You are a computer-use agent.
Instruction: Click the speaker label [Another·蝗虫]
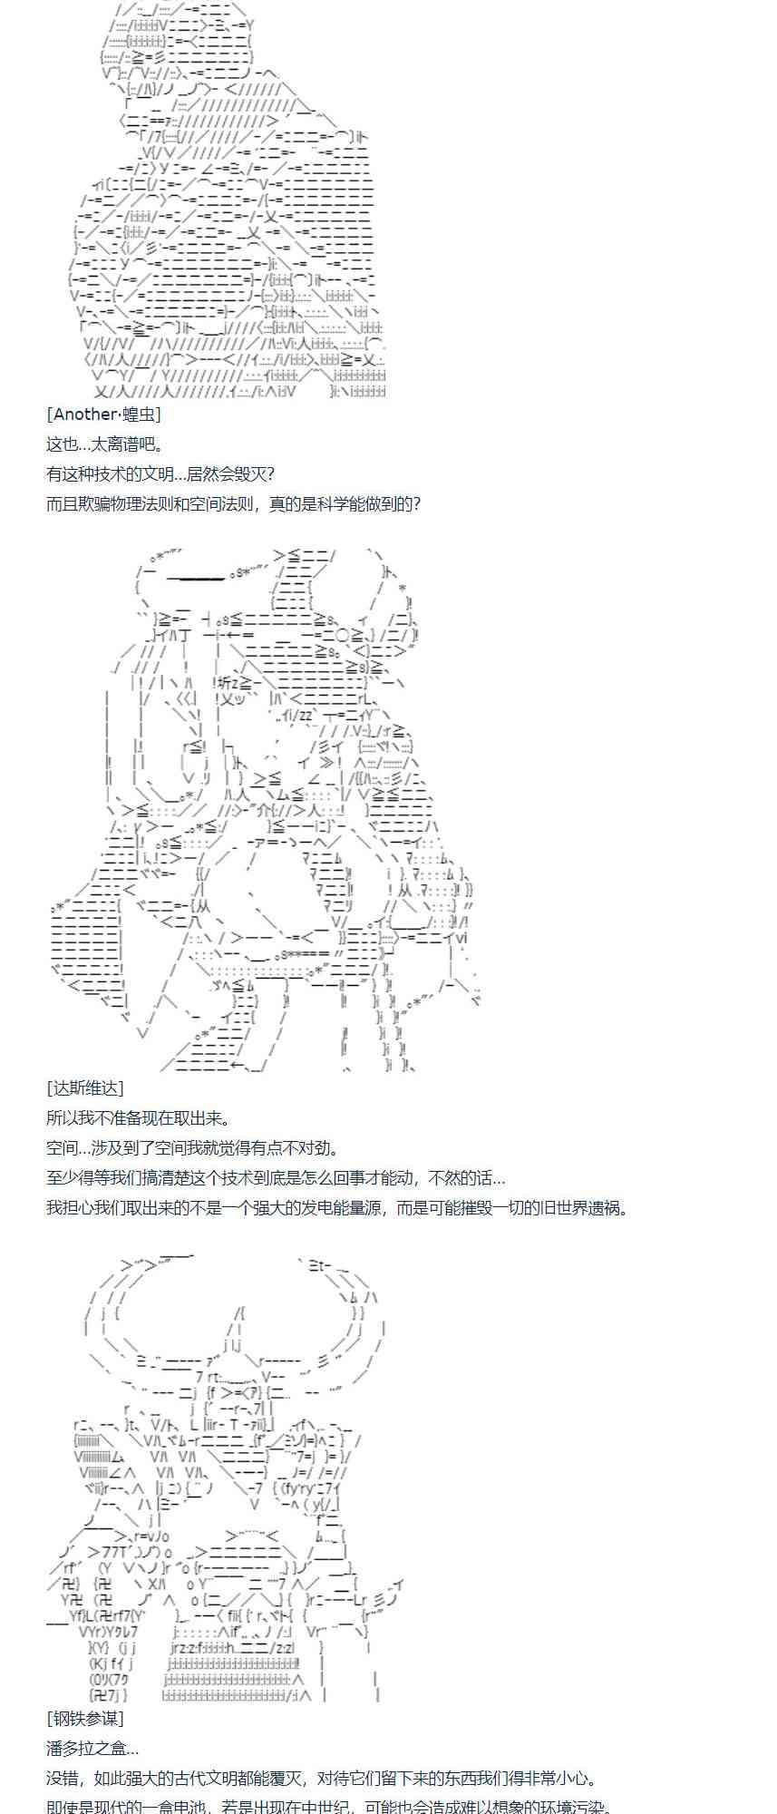point(103,415)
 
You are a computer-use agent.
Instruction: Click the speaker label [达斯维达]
point(85,1088)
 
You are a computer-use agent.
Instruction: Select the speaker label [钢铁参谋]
point(85,1719)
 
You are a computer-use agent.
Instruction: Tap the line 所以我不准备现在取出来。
point(139,1118)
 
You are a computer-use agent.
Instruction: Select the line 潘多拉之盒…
point(92,1749)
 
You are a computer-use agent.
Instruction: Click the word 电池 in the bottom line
point(187,1808)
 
